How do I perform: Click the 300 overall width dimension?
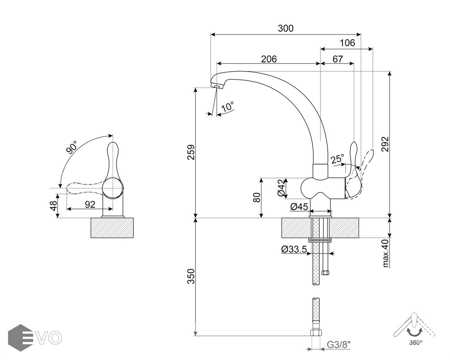[285, 28]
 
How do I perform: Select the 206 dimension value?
[269, 59]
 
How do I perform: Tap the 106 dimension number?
[347, 43]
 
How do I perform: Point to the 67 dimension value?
[337, 59]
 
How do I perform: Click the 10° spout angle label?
[227, 107]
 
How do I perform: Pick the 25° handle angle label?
[337, 159]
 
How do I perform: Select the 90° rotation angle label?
[72, 148]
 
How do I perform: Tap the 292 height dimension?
[385, 144]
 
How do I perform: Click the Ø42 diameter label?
[282, 188]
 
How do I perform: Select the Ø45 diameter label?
[299, 207]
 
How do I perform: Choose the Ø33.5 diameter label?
[294, 250]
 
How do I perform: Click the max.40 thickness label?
[385, 253]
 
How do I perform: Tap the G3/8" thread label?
[339, 344]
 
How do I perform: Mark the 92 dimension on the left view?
[90, 204]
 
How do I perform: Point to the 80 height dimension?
[257, 197]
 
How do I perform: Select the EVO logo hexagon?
[20, 338]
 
